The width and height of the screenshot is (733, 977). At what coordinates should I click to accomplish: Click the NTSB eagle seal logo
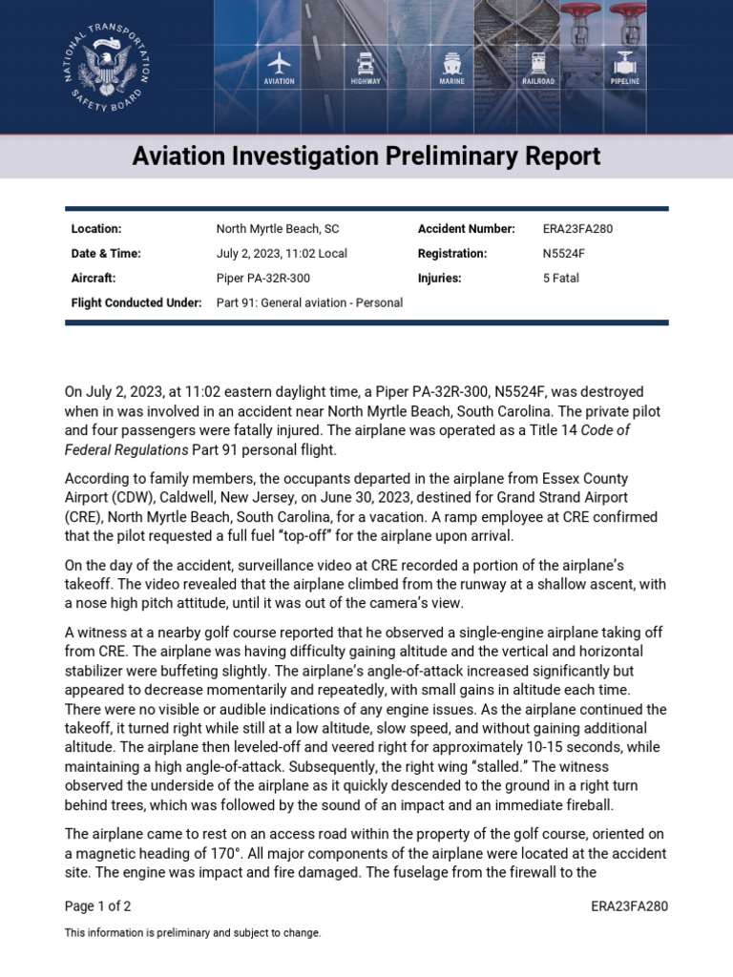[106, 66]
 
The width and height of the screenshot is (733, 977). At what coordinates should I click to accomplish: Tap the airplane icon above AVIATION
[279, 63]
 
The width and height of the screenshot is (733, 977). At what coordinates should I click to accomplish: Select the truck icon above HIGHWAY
[366, 63]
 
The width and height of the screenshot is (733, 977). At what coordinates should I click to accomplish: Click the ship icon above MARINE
[451, 63]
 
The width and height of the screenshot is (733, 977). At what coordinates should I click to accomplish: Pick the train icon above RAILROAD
[538, 63]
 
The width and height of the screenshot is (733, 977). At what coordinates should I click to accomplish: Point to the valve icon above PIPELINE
[625, 63]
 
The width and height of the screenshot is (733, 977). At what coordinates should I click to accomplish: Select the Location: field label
[96, 229]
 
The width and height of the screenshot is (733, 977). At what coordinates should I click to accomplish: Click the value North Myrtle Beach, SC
[278, 229]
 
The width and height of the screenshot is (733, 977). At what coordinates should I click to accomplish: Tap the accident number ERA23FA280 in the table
[577, 229]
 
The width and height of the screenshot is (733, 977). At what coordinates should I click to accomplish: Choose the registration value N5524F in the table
[564, 254]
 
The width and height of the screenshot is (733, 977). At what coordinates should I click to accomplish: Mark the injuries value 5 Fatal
[561, 279]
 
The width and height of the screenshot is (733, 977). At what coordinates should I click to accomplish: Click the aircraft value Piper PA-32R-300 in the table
[263, 279]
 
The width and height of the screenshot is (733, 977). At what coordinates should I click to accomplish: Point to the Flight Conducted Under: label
[136, 302]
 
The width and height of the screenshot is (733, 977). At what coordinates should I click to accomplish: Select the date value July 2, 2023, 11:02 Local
[282, 254]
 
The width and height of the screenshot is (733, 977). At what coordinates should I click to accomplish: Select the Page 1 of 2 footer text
[97, 906]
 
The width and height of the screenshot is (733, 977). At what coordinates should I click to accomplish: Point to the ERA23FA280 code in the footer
[629, 906]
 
